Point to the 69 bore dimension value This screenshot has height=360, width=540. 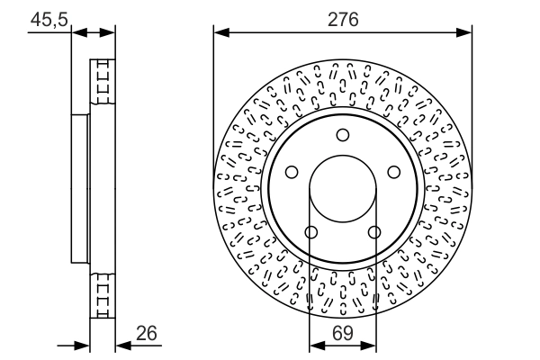[x=342, y=333]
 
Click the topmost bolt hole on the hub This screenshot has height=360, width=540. [x=342, y=135]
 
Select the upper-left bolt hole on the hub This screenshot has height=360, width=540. [x=292, y=172]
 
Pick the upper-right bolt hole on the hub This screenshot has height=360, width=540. [x=393, y=172]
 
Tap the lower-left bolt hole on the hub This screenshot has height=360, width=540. [x=311, y=232]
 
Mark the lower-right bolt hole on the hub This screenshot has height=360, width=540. [x=373, y=232]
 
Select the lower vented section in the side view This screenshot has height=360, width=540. [x=103, y=292]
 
